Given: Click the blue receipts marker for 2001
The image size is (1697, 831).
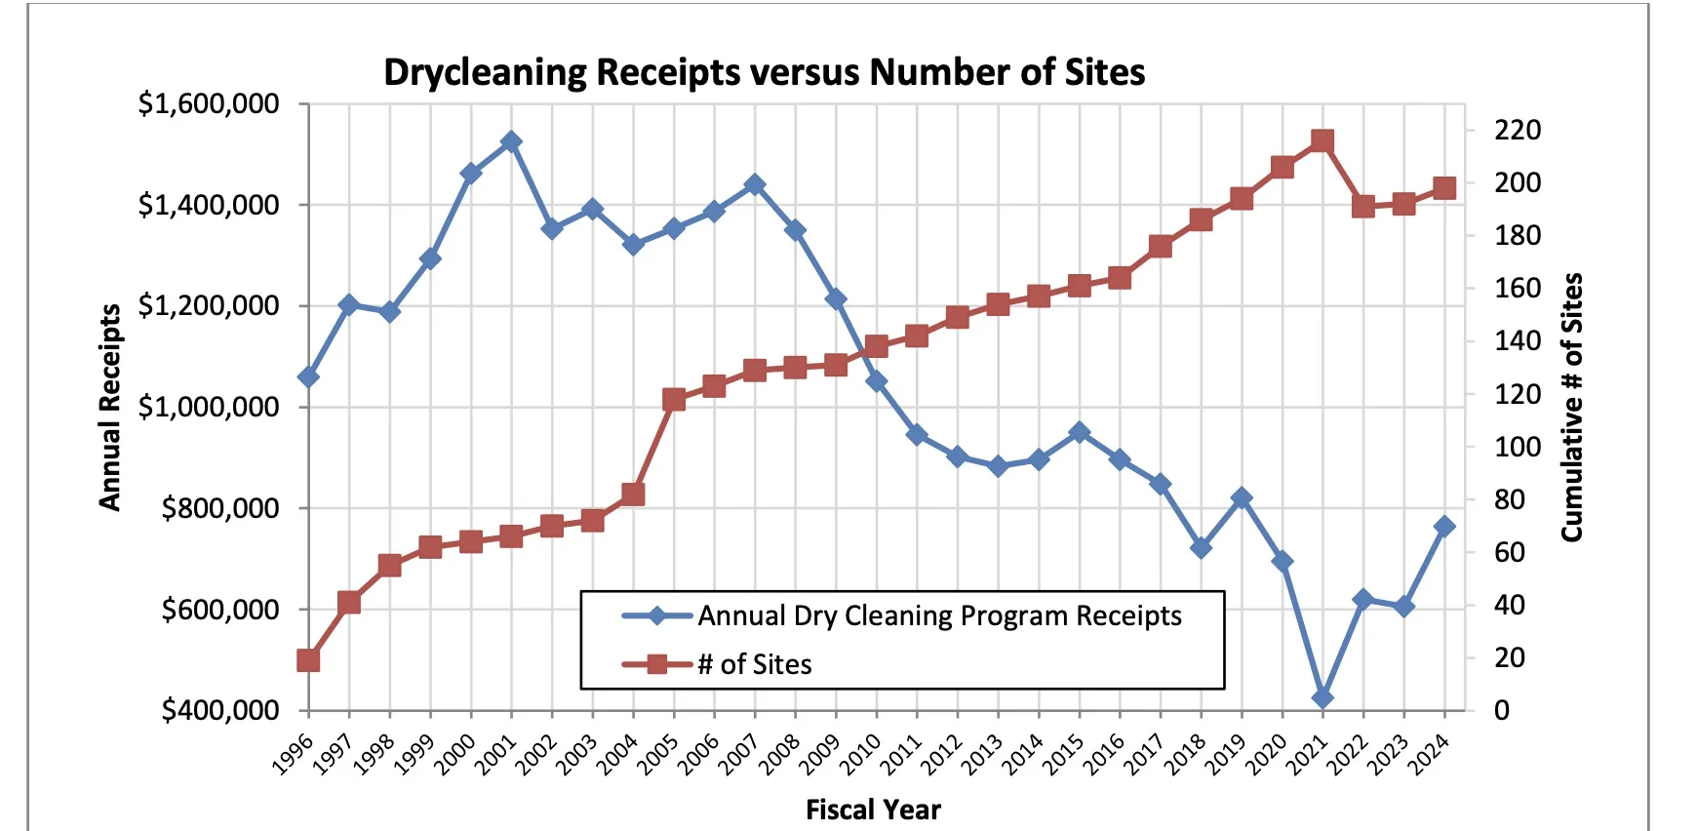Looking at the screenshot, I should click(x=511, y=142).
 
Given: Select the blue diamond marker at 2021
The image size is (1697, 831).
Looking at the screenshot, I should click(x=1322, y=698).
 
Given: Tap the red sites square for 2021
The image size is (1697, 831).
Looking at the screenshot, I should click(x=1322, y=141).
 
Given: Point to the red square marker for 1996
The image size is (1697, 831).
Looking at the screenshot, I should click(x=308, y=660).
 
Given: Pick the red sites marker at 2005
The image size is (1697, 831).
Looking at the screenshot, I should click(x=674, y=400).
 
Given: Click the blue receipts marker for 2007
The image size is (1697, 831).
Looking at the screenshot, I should click(x=754, y=185).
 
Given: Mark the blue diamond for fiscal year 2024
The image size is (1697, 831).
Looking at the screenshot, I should click(x=1444, y=527).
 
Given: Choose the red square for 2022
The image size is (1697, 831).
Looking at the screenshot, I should click(x=1363, y=206).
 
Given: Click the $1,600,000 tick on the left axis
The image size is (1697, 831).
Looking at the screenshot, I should click(x=208, y=103).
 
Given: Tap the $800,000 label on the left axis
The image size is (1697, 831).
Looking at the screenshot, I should click(x=219, y=508).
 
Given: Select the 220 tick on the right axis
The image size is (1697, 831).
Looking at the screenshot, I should click(x=1517, y=130).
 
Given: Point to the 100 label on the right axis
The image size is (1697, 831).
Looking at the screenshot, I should click(x=1517, y=447).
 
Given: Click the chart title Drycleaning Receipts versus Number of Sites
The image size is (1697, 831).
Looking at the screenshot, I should click(x=764, y=72).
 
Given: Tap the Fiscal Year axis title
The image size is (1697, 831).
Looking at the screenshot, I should click(x=873, y=810).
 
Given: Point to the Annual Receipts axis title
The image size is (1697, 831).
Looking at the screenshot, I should click(x=110, y=407).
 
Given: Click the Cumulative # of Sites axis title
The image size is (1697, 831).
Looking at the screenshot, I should click(x=1571, y=407).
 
